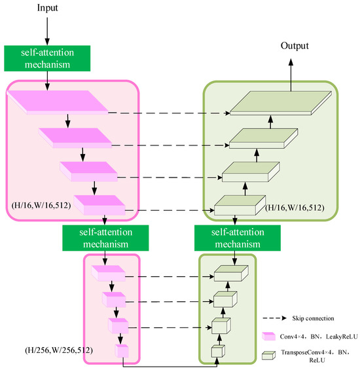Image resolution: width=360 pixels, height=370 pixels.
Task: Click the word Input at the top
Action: coord(48,8)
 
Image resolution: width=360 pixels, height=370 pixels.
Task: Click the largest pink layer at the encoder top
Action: coord(59,103)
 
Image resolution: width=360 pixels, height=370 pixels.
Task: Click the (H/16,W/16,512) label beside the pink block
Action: coord(40,204)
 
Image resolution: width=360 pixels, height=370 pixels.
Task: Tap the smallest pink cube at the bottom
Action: coord(122,351)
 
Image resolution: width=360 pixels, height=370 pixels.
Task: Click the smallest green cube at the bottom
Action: coord(217,352)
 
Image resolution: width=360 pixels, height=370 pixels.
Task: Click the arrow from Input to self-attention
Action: coord(48,29)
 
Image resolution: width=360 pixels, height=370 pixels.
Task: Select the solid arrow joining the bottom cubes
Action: coord(170,360)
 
